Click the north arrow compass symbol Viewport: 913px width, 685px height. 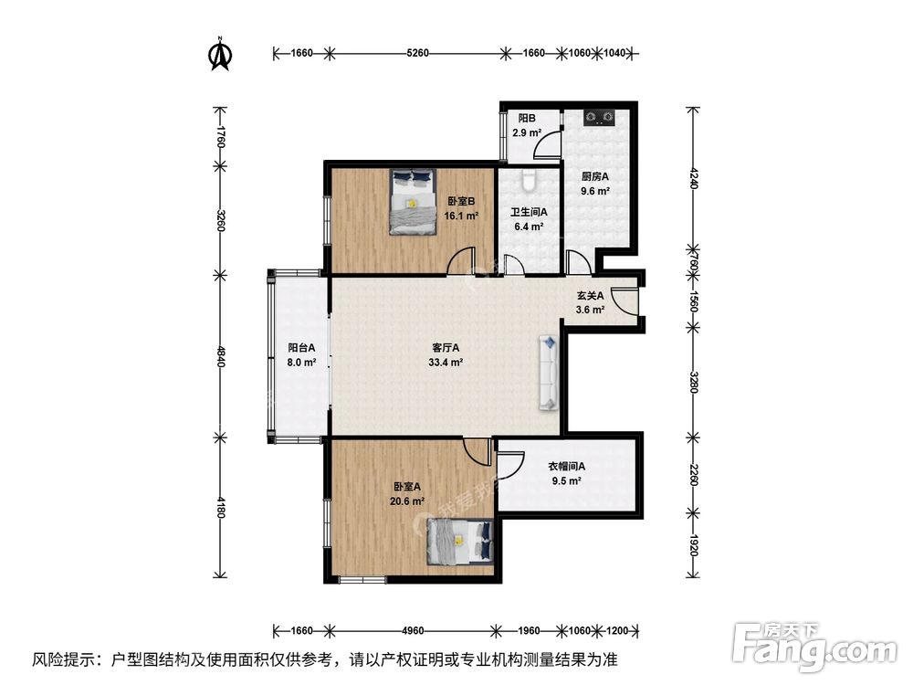[219, 55]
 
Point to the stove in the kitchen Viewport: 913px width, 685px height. [599, 117]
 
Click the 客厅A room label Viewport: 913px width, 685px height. [446, 348]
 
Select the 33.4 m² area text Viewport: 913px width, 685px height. [446, 362]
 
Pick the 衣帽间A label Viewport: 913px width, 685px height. [566, 467]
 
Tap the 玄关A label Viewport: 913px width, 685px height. [589, 296]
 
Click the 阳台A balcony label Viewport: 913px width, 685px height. [301, 348]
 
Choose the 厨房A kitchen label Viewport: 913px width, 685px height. [595, 177]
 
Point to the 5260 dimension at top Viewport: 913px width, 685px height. [417, 53]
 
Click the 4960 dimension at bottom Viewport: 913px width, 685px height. [413, 630]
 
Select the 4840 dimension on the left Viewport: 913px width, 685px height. [219, 354]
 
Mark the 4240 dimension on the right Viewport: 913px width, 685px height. [693, 177]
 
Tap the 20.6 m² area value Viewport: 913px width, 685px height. [407, 501]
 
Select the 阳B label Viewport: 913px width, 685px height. [527, 119]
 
